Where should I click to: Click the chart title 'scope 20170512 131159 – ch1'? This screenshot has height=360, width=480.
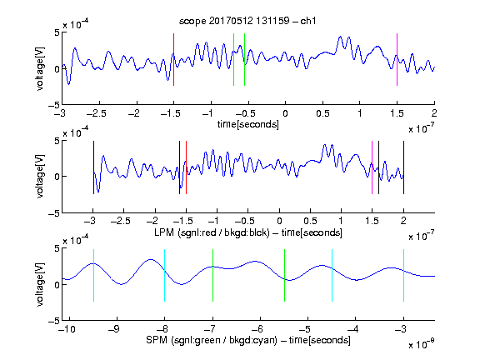click(247, 21)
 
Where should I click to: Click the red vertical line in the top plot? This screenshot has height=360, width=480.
click(173, 59)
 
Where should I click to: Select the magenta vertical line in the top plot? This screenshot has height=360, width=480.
click(397, 59)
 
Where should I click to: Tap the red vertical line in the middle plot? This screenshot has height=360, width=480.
click(186, 167)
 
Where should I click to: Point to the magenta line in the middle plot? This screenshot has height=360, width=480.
click(372, 167)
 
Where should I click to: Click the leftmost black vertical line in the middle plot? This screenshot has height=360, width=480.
click(93, 167)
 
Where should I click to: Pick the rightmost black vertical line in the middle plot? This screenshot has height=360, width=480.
click(403, 167)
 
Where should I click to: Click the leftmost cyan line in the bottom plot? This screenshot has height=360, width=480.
click(93, 276)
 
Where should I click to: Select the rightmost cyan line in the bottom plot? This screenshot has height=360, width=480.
click(403, 276)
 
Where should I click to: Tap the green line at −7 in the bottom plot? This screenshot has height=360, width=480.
click(212, 276)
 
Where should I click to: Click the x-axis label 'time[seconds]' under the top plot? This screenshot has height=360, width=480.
click(248, 125)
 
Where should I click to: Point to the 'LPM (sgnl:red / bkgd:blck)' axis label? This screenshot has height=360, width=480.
click(212, 232)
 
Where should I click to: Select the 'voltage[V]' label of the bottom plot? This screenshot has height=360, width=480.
click(40, 284)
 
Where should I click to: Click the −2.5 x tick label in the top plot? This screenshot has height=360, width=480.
click(96, 114)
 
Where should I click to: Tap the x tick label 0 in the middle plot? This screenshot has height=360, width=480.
click(279, 221)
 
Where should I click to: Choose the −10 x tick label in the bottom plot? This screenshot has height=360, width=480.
click(67, 329)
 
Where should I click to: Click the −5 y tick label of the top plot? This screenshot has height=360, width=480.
click(54, 105)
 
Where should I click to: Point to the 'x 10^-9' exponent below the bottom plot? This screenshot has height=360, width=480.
click(421, 343)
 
